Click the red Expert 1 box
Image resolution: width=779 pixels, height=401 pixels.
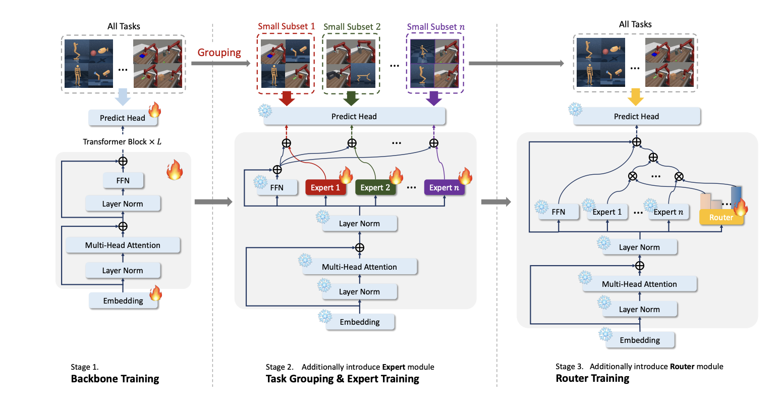click(x=324, y=188)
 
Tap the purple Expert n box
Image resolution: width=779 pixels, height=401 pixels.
click(x=443, y=188)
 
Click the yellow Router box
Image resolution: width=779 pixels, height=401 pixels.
click(x=721, y=218)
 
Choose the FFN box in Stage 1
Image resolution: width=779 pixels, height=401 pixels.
click(x=123, y=180)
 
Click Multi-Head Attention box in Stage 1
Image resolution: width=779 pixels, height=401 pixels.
click(x=123, y=245)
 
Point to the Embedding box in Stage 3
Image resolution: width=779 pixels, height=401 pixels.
click(x=639, y=340)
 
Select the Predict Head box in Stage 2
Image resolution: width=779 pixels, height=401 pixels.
click(x=354, y=117)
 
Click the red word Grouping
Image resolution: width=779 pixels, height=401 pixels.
click(x=219, y=53)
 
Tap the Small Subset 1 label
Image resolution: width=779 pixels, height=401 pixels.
click(x=286, y=26)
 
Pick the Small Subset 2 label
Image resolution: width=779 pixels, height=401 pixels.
click(x=352, y=27)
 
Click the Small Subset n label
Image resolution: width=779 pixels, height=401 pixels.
click(x=435, y=27)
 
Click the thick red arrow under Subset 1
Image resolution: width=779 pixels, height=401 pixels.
click(x=286, y=98)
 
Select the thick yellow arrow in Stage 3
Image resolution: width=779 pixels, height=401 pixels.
click(x=635, y=96)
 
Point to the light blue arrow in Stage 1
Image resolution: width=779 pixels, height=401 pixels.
click(x=123, y=97)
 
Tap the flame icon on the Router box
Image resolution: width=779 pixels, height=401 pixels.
click(x=740, y=207)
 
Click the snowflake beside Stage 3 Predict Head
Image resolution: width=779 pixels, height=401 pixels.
click(x=575, y=110)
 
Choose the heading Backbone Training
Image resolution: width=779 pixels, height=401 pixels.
click(x=115, y=379)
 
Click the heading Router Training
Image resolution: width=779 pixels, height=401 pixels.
click(x=592, y=378)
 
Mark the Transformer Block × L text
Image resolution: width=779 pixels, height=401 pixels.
click(x=122, y=142)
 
